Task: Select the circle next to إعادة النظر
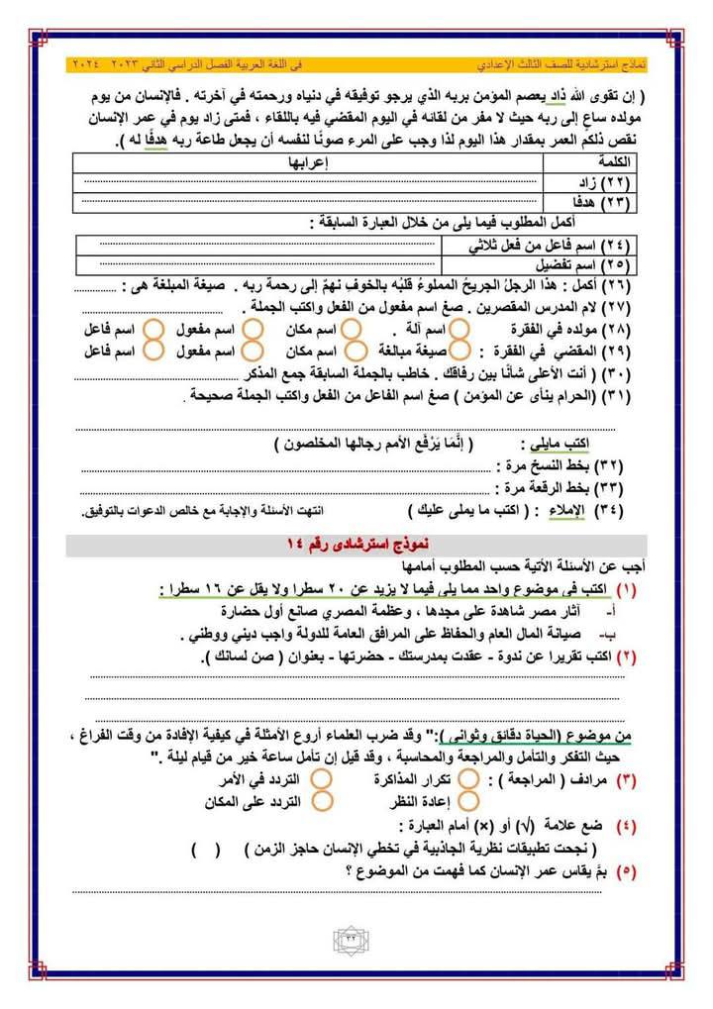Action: (469, 800)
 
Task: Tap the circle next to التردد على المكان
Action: (320, 800)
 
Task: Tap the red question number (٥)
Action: (626, 871)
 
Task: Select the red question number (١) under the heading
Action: (628, 589)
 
